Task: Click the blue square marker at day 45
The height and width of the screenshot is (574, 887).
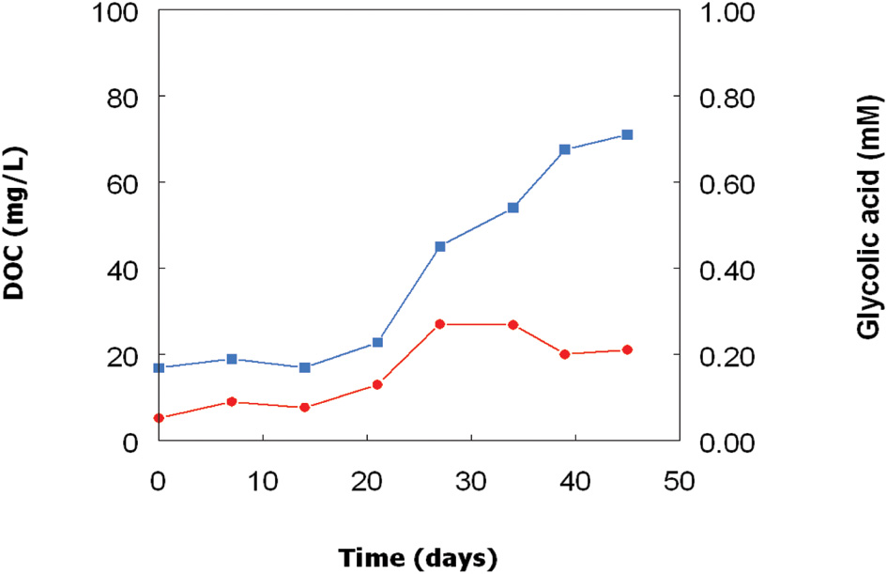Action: tap(627, 134)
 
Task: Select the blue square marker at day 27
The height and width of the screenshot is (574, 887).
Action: tap(440, 246)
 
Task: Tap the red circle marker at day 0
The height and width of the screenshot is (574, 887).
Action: tap(159, 418)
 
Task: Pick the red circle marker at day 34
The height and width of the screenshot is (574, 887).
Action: tap(513, 324)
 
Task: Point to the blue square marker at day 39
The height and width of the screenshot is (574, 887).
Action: tap(565, 149)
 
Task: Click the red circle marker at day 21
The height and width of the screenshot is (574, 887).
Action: tap(377, 384)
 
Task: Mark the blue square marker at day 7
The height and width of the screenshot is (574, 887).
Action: tap(232, 359)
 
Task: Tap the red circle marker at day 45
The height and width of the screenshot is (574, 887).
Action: tap(627, 349)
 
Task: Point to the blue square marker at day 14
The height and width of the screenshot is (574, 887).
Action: tap(304, 367)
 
